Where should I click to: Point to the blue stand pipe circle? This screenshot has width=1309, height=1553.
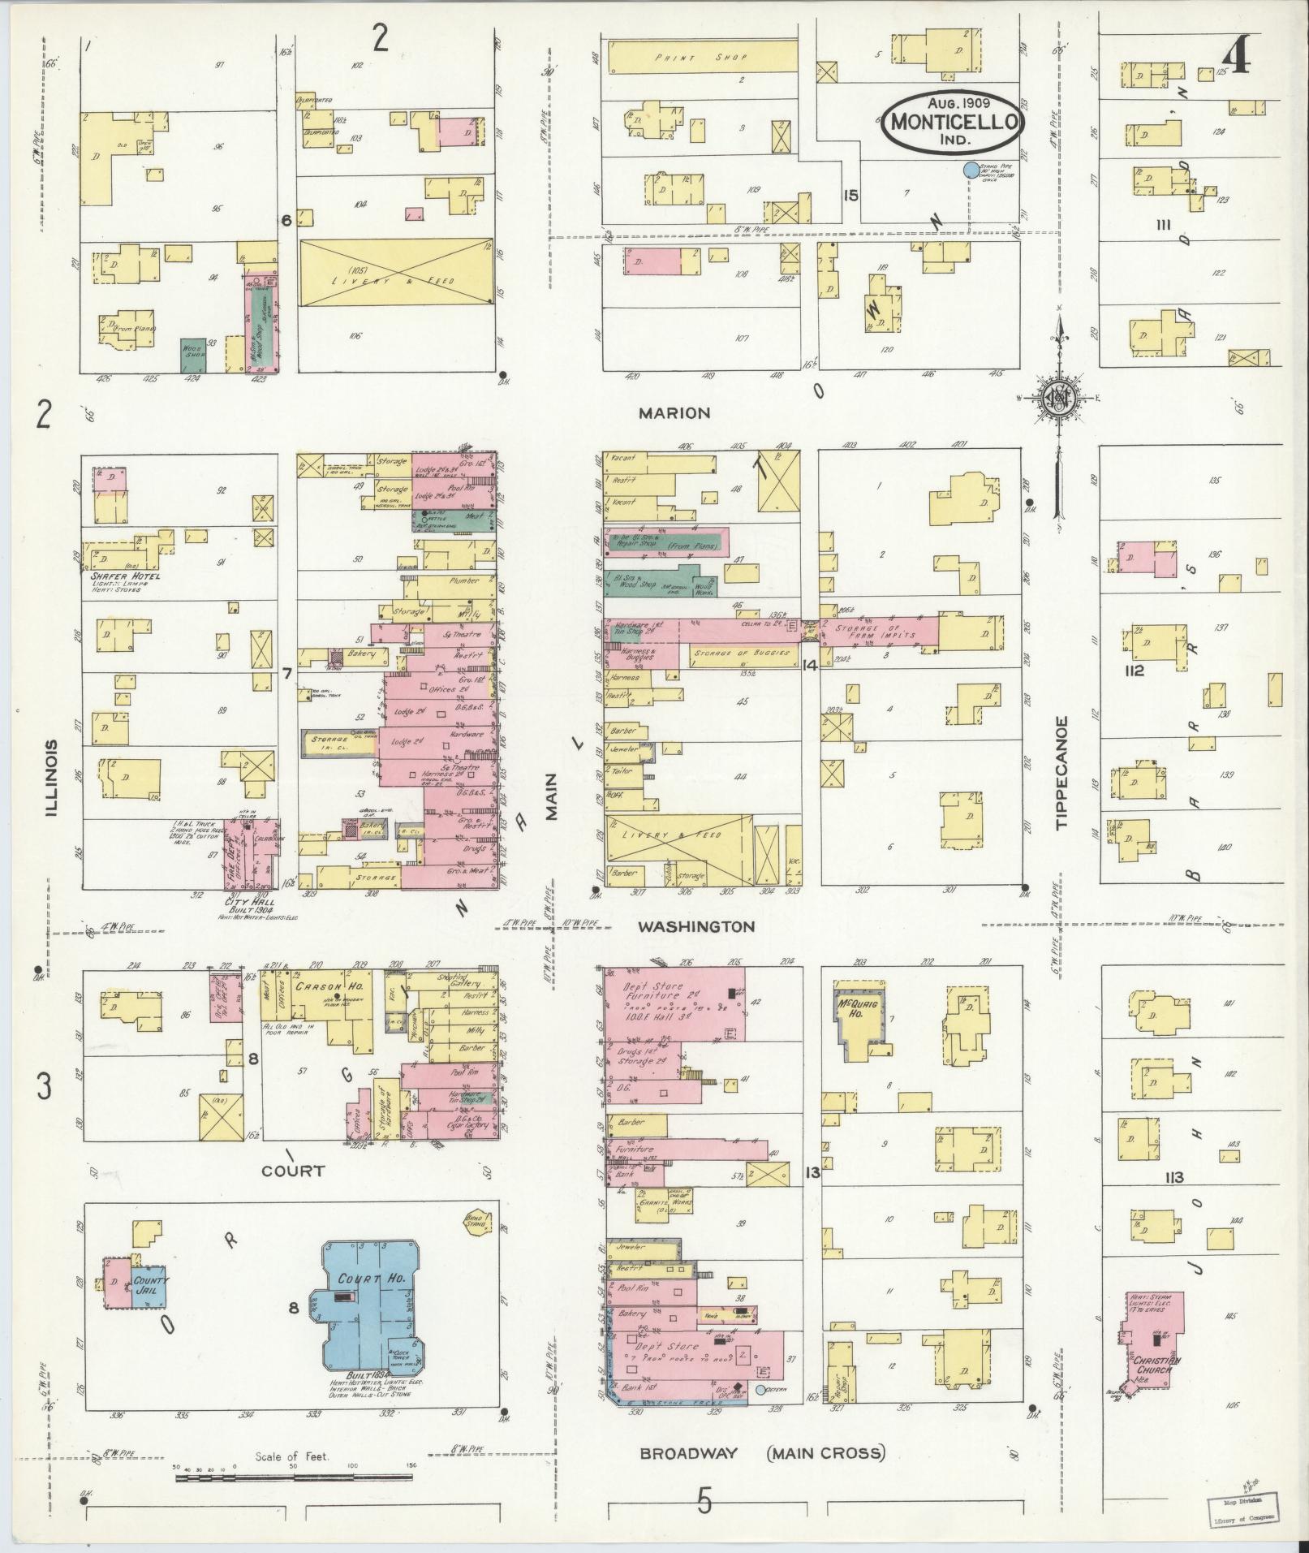tap(969, 170)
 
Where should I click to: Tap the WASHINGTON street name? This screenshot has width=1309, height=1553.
tap(695, 926)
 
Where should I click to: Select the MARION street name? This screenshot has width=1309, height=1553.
tap(674, 412)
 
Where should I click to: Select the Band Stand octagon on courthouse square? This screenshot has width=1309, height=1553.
tap(473, 1219)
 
